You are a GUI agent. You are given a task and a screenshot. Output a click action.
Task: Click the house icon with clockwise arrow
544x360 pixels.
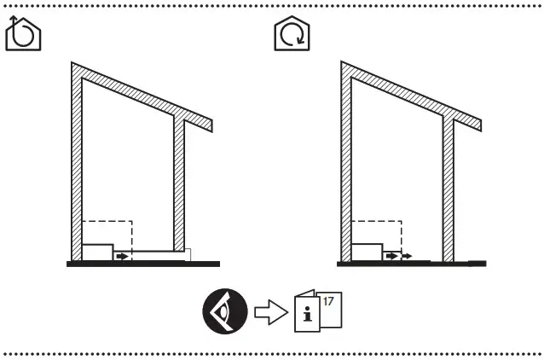click(x=291, y=35)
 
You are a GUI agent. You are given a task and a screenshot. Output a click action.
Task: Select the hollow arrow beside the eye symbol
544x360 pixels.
click(x=270, y=311)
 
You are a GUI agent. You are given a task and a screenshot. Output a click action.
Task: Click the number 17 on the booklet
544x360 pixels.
click(x=328, y=299)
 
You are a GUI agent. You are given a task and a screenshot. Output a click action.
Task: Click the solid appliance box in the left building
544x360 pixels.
click(x=98, y=252)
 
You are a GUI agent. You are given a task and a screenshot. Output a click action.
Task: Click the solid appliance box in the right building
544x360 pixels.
click(x=367, y=252)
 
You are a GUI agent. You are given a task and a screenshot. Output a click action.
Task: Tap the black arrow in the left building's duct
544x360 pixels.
click(x=124, y=255)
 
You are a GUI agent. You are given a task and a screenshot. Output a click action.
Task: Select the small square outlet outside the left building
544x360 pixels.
click(x=188, y=254)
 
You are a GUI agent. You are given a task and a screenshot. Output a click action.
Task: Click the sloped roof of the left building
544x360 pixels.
click(x=141, y=95)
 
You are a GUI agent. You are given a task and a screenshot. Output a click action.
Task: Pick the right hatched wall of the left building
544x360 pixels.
click(x=179, y=183)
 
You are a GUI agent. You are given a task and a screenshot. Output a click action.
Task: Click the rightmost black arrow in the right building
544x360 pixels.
click(x=408, y=255)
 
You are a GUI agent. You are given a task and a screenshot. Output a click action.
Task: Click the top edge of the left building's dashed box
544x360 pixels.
click(x=107, y=221)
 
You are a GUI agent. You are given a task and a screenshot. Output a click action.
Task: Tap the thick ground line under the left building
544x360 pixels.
click(x=143, y=264)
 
